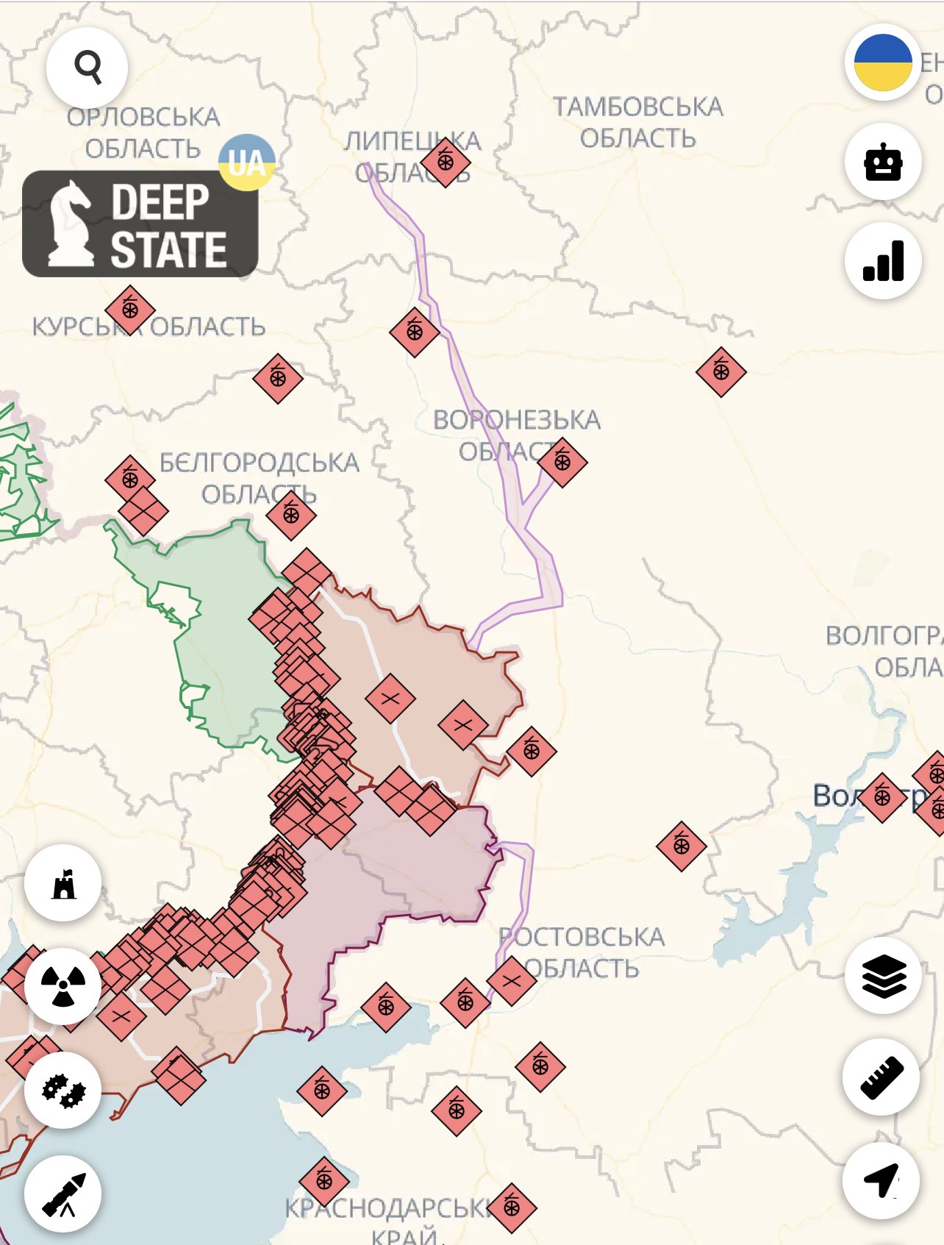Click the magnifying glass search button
pos(87,68)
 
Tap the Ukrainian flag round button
pos(883,63)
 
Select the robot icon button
pos(883,162)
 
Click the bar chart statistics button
pos(883,261)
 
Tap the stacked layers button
pos(883,976)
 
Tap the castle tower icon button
pos(63,883)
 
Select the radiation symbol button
pos(63,986)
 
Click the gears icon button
pos(63,1090)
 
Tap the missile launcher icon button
pos(63,1194)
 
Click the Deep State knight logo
pos(140,224)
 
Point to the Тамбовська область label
pos(638,122)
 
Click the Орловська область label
pos(143,132)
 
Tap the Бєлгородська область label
pos(260,478)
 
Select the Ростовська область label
pos(582,952)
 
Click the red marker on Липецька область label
pos(446,162)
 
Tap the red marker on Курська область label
pos(130,310)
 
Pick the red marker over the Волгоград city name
pos(882,797)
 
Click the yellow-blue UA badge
pos(247,163)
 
